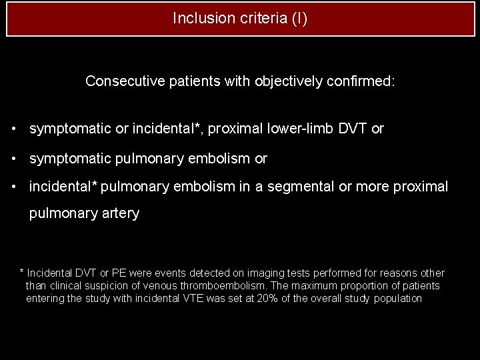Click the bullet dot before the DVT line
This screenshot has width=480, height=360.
coord(13,129)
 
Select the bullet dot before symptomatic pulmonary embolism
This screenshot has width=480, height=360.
coord(13,159)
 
